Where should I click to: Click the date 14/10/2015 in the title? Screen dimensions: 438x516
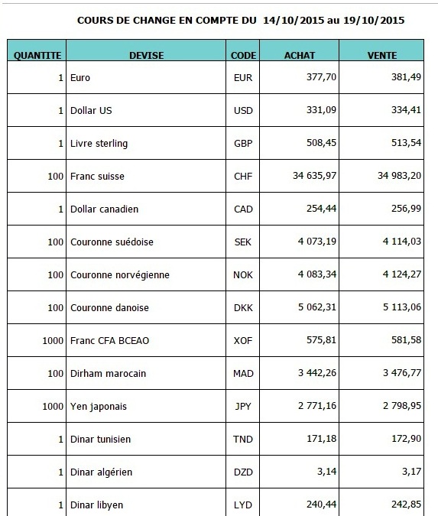(294, 21)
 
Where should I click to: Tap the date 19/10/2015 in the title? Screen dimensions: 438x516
(374, 21)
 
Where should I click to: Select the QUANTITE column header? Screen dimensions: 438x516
(37, 55)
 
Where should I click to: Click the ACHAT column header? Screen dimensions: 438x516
(300, 55)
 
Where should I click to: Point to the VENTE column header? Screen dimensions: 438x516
(382, 55)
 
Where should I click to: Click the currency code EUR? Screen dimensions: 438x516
(243, 78)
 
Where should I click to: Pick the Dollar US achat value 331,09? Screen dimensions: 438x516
(321, 110)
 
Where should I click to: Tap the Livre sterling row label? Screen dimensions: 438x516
(99, 144)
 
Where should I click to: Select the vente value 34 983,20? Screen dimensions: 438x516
(399, 176)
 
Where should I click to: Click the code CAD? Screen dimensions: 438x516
(243, 209)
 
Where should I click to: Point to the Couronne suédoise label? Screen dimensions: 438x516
(112, 242)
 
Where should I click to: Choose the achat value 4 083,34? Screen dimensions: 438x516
(317, 274)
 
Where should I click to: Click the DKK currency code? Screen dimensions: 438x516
(243, 308)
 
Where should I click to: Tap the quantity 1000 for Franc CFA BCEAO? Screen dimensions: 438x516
(53, 341)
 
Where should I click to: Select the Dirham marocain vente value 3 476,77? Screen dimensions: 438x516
(402, 373)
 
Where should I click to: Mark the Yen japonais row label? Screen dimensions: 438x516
(99, 407)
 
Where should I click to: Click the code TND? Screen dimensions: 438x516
(243, 440)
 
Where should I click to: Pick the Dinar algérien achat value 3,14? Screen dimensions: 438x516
(326, 472)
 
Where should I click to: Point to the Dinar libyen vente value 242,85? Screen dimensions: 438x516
(406, 505)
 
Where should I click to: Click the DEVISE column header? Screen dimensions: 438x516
(147, 55)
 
